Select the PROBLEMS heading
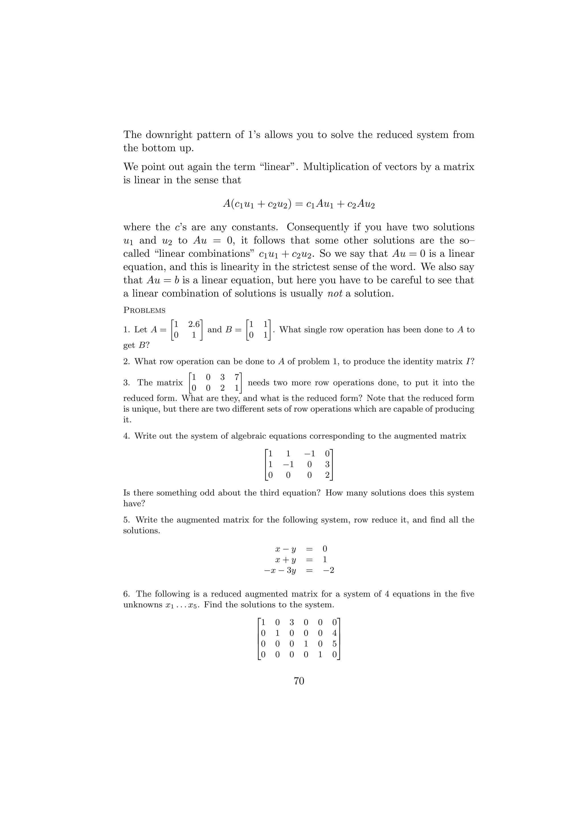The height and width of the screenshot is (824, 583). pos(144,310)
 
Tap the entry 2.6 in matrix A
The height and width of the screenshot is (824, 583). pos(194,324)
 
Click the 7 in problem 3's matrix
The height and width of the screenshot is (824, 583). pos(237,377)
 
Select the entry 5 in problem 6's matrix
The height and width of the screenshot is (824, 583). pos(334,644)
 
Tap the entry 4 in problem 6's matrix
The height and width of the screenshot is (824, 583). pos(334,633)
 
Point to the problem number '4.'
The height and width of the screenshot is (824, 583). pos(126,436)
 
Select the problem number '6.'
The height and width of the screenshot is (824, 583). pos(126,594)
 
